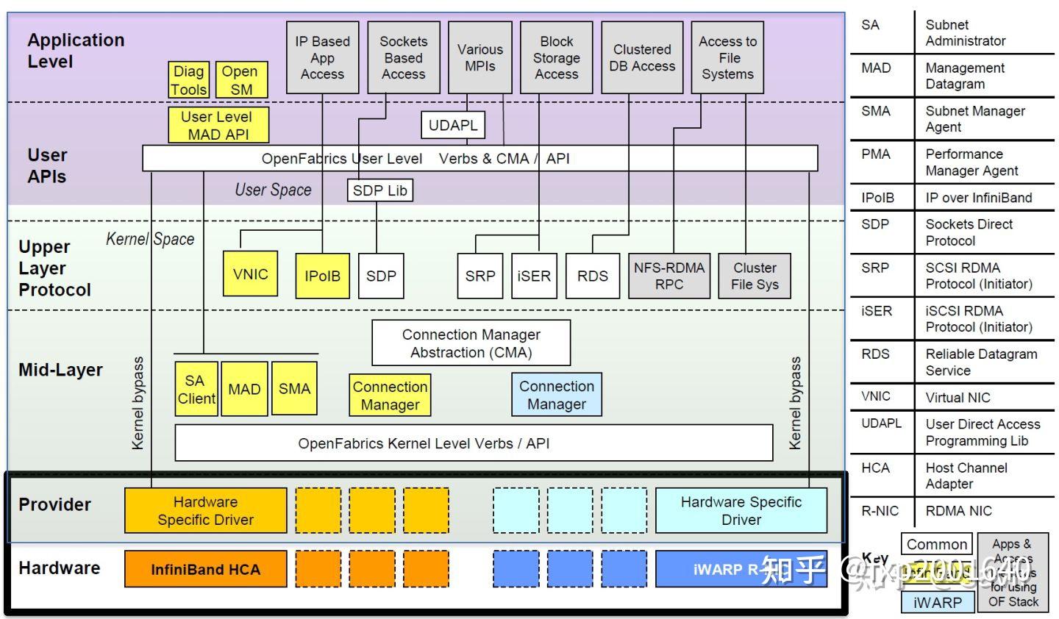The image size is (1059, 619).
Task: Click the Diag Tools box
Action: [189, 80]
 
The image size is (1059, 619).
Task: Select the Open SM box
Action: [240, 80]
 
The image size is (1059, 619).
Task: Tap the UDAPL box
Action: [453, 125]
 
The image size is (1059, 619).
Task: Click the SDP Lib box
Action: [379, 190]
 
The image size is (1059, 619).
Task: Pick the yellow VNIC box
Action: [250, 274]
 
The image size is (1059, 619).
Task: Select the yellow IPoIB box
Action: [322, 276]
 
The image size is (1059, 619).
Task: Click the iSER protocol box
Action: [534, 276]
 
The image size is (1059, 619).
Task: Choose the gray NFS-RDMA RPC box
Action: [668, 276]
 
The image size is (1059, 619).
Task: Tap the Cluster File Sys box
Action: [754, 276]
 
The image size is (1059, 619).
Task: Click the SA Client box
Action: [196, 389]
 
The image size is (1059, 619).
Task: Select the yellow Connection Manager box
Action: [390, 396]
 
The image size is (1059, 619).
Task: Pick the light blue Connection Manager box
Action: [556, 395]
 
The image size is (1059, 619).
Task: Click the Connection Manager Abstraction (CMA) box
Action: [471, 343]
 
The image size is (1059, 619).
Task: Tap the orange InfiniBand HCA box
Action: [205, 569]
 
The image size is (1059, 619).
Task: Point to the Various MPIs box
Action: [479, 57]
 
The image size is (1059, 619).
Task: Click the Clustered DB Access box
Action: [641, 57]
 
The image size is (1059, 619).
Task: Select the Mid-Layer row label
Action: [60, 370]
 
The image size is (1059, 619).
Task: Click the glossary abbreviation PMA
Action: [875, 154]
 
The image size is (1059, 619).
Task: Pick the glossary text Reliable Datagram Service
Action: [980, 362]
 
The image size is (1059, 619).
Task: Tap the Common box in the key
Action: [936, 545]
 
